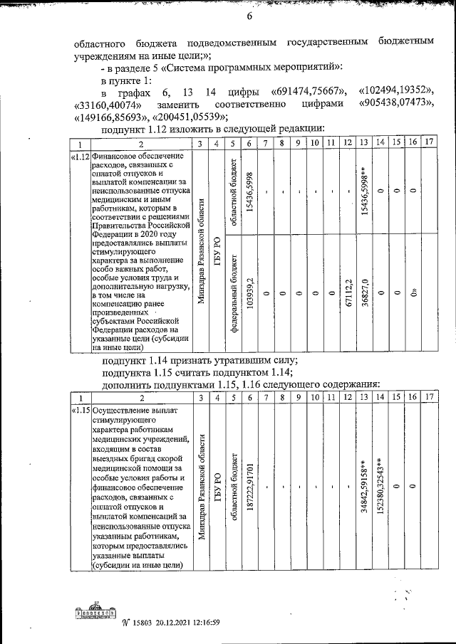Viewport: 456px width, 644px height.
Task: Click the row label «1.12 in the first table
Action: point(80,156)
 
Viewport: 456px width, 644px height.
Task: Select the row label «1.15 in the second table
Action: point(80,411)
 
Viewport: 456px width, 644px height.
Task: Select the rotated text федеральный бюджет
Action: point(232,292)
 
